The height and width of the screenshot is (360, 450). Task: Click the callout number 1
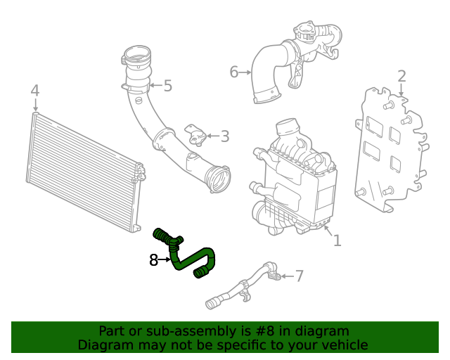pos(337,240)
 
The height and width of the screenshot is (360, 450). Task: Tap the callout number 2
pos(401,77)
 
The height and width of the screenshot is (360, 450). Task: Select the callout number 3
pos(225,136)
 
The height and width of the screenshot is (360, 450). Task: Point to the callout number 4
pos(35,91)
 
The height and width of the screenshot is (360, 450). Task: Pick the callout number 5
pos(168,86)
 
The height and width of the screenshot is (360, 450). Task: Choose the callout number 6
pos(234,72)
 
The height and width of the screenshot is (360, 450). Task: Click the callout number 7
pos(299,276)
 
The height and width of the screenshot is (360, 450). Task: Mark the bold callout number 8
pos(153,260)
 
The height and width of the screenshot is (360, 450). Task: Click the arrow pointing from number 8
pos(165,260)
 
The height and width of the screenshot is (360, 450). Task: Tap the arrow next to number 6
pos(245,72)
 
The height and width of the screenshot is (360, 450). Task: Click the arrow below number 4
pos(35,105)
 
